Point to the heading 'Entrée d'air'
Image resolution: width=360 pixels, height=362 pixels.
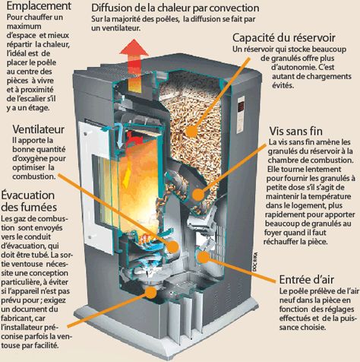click(308, 278)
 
